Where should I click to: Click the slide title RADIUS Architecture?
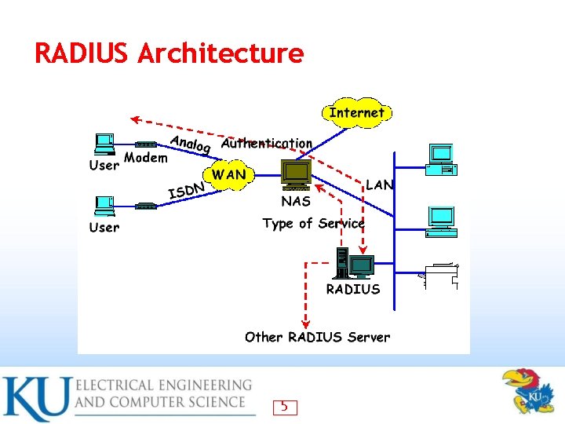point(169,53)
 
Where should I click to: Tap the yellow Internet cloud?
point(357,112)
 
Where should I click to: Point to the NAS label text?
point(297,201)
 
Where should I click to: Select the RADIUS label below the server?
point(353,289)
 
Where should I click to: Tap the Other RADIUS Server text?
point(317,337)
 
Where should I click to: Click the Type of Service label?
point(313,224)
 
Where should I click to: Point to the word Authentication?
point(267,144)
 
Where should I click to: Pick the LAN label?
point(380,185)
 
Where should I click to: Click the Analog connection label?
point(191,143)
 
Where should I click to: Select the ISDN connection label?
point(188,190)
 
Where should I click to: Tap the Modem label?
point(146,158)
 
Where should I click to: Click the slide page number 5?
point(284,407)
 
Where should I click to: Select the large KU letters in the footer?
point(35,399)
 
